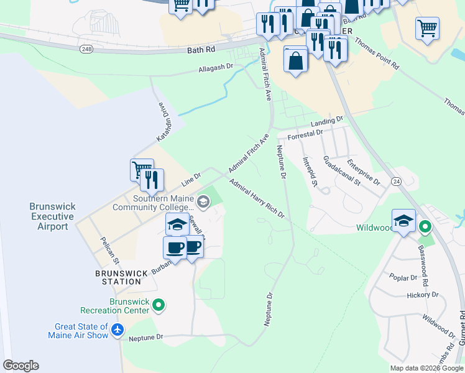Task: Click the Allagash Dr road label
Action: point(216,67)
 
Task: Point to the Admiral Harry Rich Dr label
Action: point(257,199)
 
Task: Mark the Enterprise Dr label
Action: point(364,173)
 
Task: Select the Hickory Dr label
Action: point(422,295)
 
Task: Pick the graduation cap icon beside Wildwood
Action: point(403,220)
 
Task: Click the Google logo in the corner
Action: point(21,365)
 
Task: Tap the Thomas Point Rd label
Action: point(377,55)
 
